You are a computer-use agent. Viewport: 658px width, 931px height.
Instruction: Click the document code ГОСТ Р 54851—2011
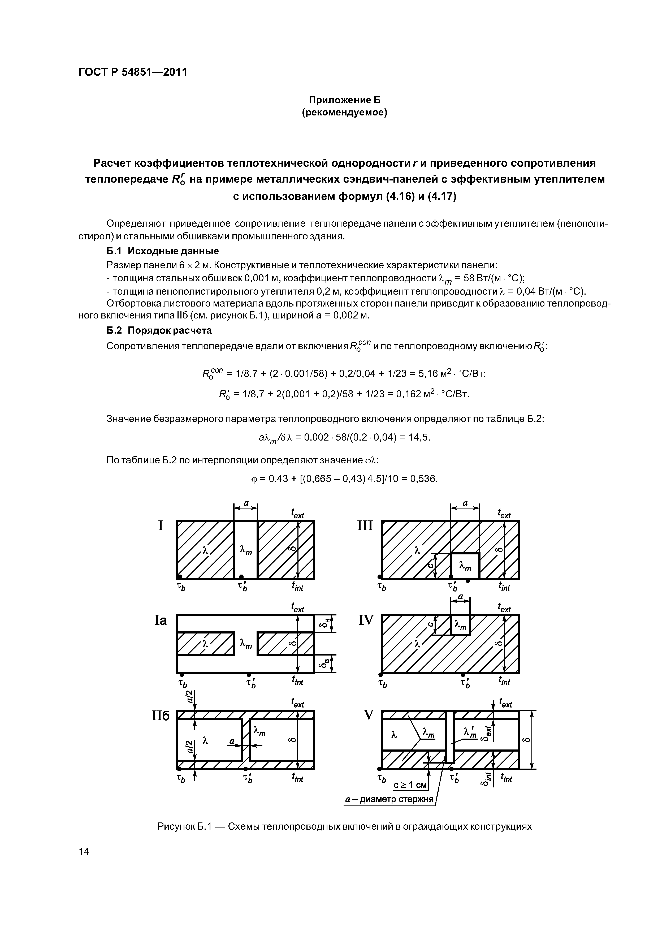tap(133, 72)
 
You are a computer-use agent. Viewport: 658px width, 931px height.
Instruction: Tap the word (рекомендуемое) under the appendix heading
tap(345, 112)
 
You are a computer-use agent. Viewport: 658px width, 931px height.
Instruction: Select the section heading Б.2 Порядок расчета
tap(159, 330)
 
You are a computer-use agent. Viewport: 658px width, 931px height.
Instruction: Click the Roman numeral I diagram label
tap(161, 526)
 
